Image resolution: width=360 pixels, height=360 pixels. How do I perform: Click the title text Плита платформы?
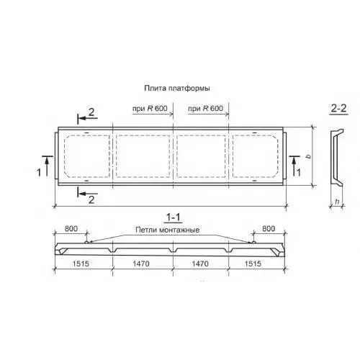point(177,89)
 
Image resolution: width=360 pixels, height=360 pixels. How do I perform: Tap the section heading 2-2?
point(339,109)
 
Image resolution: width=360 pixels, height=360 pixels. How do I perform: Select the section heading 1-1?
point(174,217)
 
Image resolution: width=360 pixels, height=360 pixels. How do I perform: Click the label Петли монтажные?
point(168,230)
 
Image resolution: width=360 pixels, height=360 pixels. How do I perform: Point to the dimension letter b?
point(309,156)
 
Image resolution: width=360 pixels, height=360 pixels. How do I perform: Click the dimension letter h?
point(337,202)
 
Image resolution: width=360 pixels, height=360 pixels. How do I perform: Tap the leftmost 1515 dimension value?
point(81,264)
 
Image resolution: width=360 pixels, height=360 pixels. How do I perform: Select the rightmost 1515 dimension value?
point(253,264)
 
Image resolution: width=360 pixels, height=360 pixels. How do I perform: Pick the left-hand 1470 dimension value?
point(141,264)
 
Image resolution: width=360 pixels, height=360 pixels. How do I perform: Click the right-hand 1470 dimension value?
point(200,264)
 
